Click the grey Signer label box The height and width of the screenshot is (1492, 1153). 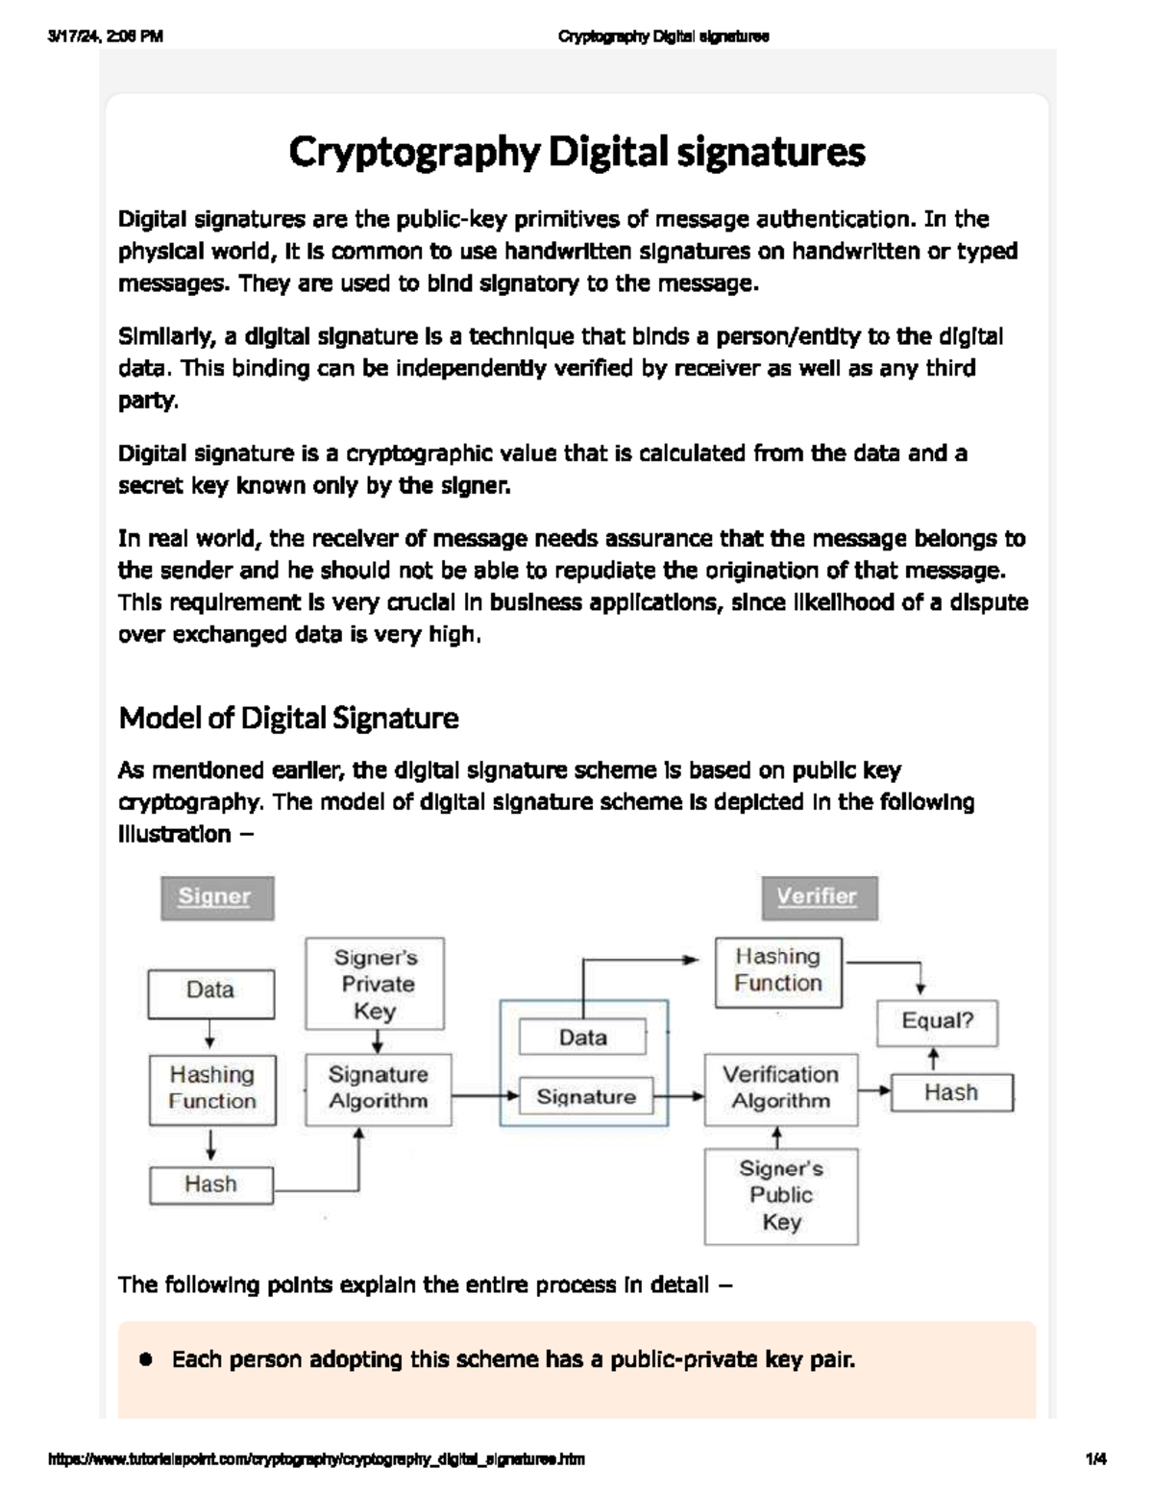click(216, 897)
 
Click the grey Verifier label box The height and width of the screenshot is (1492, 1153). click(819, 897)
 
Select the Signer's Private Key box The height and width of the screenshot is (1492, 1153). click(375, 983)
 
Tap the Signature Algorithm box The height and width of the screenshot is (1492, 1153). click(378, 1088)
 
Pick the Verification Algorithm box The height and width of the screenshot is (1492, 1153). click(780, 1088)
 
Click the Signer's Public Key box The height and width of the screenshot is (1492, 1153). click(780, 1196)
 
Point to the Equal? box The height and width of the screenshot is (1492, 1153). click(937, 1022)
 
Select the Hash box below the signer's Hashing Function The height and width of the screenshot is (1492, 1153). click(211, 1185)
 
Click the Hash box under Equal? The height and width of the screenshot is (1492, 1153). click(951, 1093)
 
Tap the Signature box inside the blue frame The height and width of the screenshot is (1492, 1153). click(585, 1097)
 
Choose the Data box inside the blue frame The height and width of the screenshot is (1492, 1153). click(582, 1038)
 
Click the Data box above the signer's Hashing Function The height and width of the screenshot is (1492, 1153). click(210, 991)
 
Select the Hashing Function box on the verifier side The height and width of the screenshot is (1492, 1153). click(778, 971)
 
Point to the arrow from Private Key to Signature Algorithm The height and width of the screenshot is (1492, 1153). click(378, 1042)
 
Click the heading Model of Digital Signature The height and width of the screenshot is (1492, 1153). click(288, 718)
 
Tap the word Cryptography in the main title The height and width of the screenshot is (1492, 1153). click(414, 152)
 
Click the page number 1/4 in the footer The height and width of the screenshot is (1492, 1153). click(1095, 1459)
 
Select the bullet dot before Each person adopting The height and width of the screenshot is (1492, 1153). click(146, 1359)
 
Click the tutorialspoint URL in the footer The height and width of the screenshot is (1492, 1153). click(316, 1459)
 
